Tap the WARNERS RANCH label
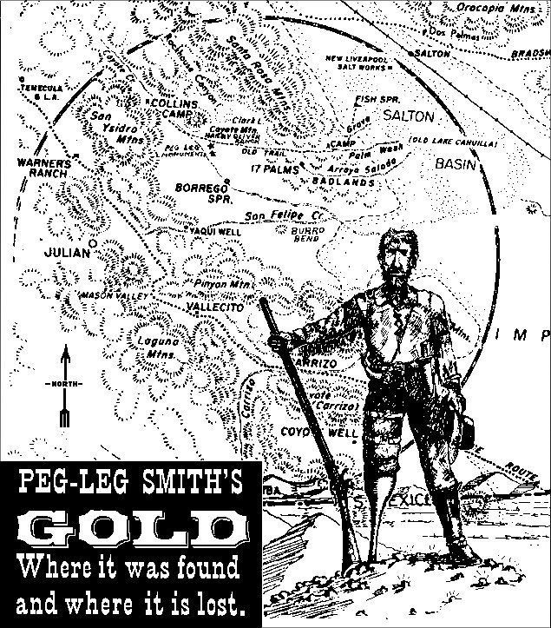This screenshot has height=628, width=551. click(x=41, y=167)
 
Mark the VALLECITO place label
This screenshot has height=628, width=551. click(x=209, y=307)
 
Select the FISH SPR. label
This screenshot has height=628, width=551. click(x=376, y=99)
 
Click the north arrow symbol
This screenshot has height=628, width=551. click(x=63, y=382)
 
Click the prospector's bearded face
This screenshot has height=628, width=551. click(x=396, y=253)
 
